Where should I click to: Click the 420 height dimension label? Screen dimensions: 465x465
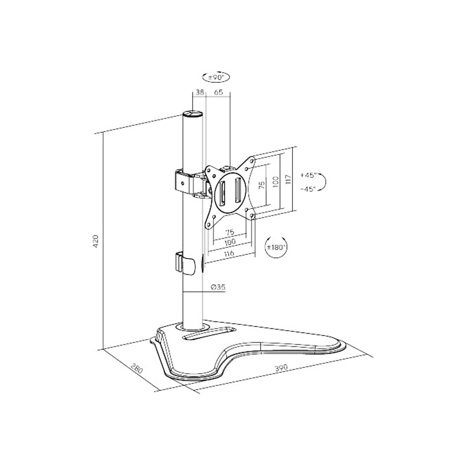click(96, 241)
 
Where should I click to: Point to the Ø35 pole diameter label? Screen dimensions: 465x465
click(218, 287)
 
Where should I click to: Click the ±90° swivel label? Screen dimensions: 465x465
click(216, 77)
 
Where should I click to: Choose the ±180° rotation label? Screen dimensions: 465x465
click(276, 247)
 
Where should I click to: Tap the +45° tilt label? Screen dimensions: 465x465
click(308, 175)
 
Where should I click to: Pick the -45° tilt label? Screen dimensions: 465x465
click(308, 189)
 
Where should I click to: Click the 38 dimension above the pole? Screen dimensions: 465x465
click(200, 92)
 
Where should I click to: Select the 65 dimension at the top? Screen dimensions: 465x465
click(219, 92)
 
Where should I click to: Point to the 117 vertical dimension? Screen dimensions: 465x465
click(288, 179)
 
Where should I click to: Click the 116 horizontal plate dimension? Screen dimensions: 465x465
click(229, 253)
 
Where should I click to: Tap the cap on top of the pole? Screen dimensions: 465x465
click(193, 114)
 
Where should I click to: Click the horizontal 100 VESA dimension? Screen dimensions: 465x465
click(230, 242)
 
